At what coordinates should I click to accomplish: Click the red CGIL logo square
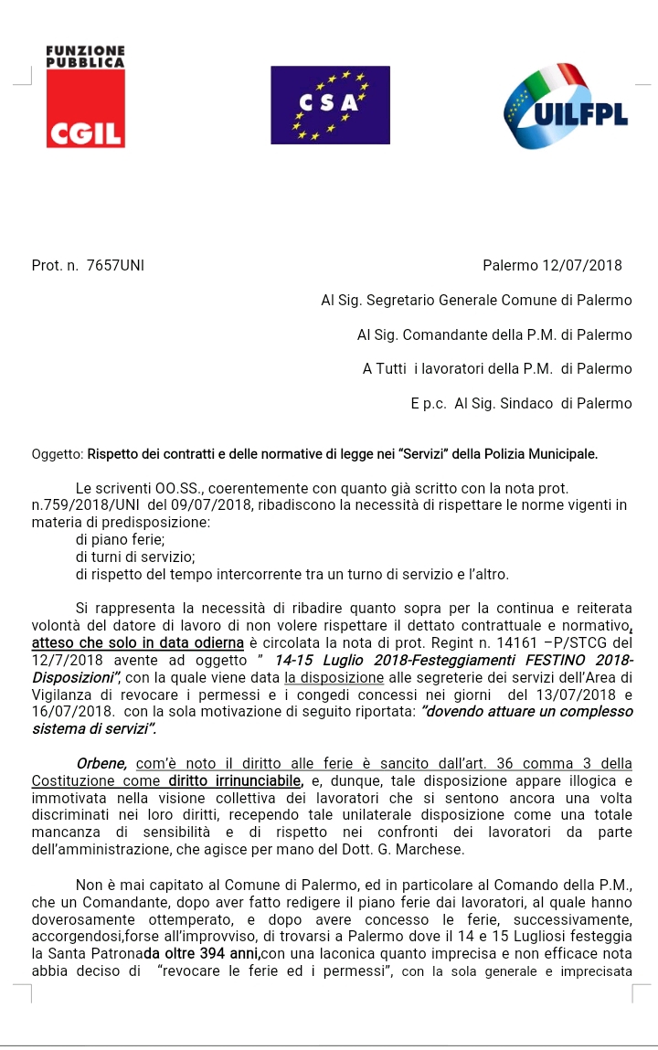click(x=85, y=109)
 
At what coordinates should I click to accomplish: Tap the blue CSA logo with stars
click(x=330, y=104)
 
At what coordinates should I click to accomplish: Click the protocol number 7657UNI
click(x=115, y=266)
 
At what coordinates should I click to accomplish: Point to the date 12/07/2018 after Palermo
click(x=581, y=266)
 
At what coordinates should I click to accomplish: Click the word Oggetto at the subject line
click(x=56, y=453)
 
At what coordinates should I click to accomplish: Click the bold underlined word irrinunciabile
click(x=245, y=780)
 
